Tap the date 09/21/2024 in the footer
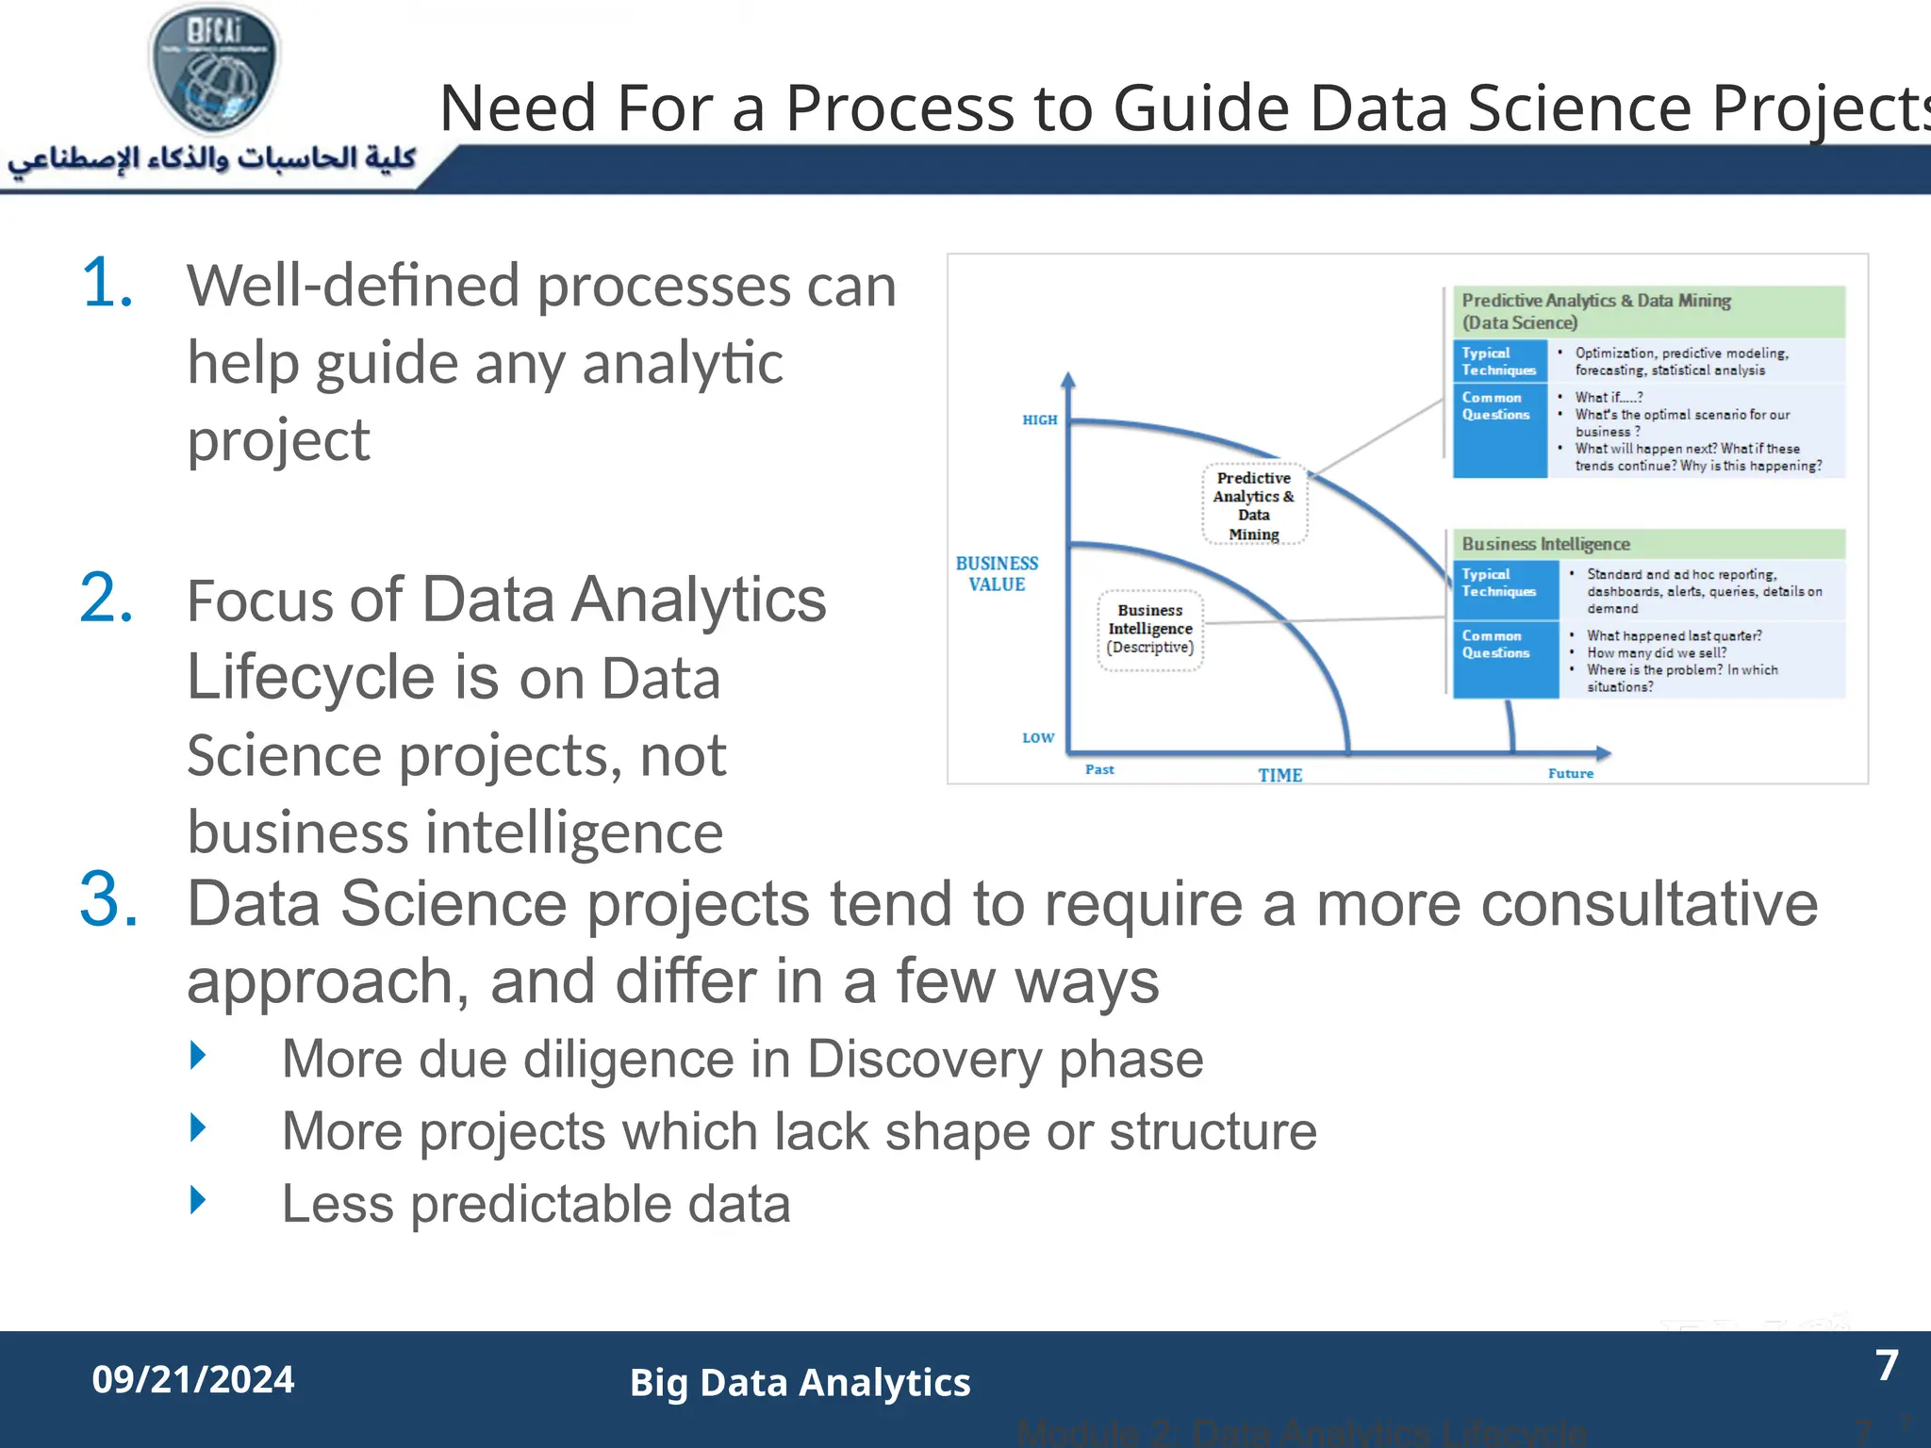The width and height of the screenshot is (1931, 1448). click(x=193, y=1379)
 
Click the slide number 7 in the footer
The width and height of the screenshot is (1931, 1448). click(x=1886, y=1365)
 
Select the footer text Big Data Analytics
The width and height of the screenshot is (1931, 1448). click(x=800, y=1382)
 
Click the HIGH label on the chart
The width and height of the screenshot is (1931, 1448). click(x=1039, y=420)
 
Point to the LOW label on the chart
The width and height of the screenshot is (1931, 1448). click(x=1037, y=737)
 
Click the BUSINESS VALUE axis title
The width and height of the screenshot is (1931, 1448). click(x=997, y=573)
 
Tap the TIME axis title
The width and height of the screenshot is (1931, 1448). click(x=1279, y=775)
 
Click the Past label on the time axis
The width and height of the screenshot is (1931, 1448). click(x=1099, y=769)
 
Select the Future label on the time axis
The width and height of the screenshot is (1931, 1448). click(x=1570, y=773)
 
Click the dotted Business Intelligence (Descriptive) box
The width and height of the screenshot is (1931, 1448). click(x=1150, y=629)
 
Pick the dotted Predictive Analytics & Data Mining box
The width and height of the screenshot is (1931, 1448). click(x=1254, y=505)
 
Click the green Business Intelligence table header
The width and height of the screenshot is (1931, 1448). click(x=1647, y=544)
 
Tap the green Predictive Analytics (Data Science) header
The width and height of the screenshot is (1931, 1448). click(x=1647, y=311)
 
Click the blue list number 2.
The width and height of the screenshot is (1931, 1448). click(x=107, y=598)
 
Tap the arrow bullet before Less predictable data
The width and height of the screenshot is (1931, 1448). click(x=198, y=1200)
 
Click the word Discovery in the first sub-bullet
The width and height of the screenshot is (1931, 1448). click(x=921, y=1059)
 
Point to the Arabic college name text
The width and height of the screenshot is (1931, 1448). click(x=212, y=158)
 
